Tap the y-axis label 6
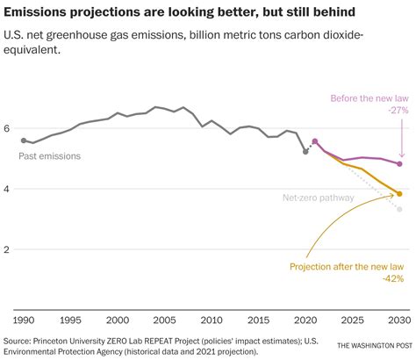tap(9, 128)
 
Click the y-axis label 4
tap(9, 189)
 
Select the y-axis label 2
tap(9, 249)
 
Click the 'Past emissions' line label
tap(49, 155)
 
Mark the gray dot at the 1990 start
tap(24, 140)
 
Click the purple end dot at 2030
tap(400, 164)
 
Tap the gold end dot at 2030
tap(400, 194)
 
